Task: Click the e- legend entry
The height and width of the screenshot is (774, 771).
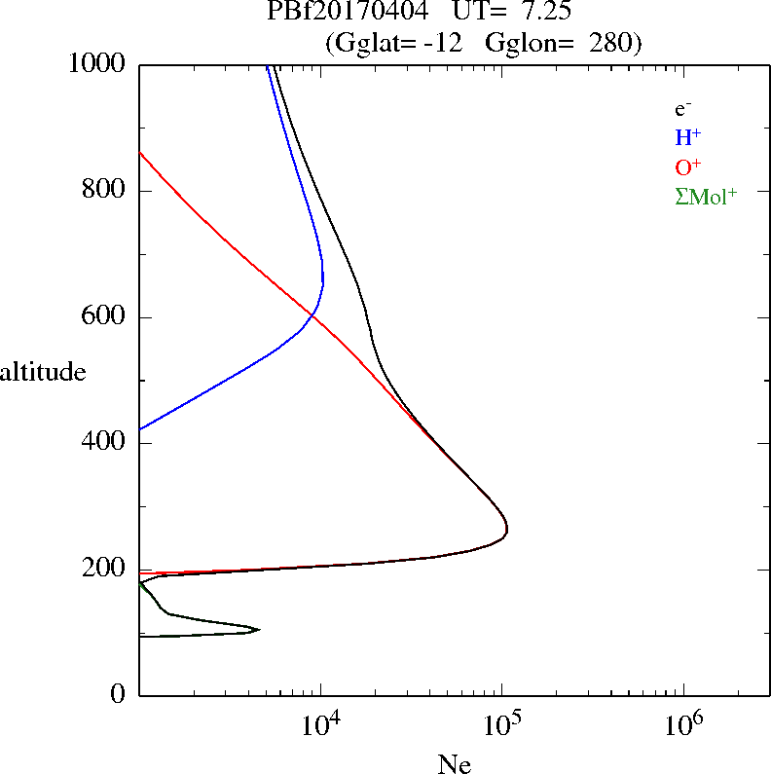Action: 683,109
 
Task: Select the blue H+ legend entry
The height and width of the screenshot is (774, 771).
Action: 688,137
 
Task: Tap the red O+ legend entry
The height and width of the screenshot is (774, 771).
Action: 688,166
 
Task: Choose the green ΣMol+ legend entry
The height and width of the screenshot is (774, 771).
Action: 706,197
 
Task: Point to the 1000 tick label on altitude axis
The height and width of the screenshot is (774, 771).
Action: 96,63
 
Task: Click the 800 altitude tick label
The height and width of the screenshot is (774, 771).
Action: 103,189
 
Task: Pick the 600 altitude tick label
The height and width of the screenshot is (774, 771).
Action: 103,315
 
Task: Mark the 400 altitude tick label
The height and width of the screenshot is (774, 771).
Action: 103,441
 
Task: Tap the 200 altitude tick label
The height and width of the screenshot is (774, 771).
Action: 103,569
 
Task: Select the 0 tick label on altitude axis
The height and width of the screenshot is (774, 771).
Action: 118,693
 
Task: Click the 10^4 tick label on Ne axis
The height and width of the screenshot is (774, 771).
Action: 321,724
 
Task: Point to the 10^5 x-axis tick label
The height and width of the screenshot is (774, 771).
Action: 502,724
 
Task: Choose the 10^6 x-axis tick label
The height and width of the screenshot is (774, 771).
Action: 684,724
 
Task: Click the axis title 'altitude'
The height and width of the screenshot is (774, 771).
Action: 43,371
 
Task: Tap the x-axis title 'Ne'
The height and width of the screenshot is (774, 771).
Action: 455,763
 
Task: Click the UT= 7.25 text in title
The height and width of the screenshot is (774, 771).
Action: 512,11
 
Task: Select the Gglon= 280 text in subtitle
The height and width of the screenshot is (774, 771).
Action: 564,43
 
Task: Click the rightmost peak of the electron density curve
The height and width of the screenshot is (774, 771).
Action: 507,531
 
